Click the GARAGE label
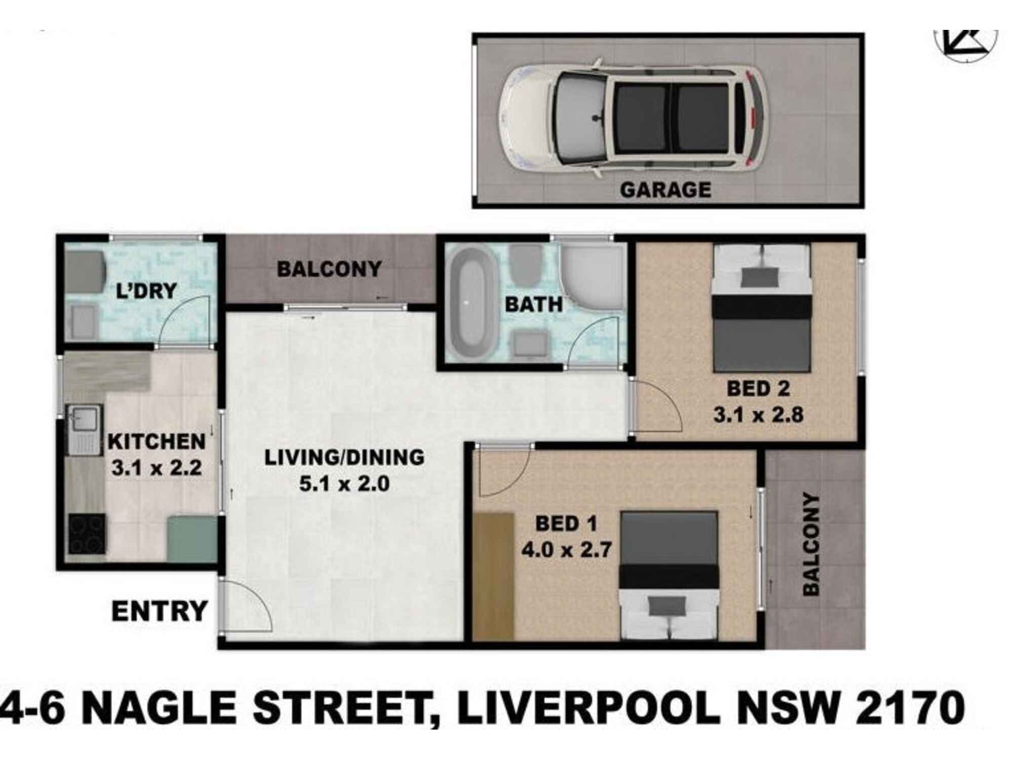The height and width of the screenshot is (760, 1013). [x=665, y=190]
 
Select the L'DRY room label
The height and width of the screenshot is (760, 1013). [x=146, y=291]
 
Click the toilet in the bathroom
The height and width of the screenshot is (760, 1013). [x=525, y=266]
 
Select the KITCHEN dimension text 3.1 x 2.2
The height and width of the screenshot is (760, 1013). [x=157, y=468]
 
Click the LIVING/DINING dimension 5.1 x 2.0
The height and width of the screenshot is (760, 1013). [x=344, y=484]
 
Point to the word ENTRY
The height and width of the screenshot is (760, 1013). [x=160, y=611]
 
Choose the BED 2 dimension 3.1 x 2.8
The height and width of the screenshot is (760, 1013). [x=758, y=415]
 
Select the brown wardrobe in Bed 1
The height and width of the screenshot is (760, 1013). [x=494, y=576]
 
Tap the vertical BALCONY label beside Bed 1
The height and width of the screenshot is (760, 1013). [x=811, y=544]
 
